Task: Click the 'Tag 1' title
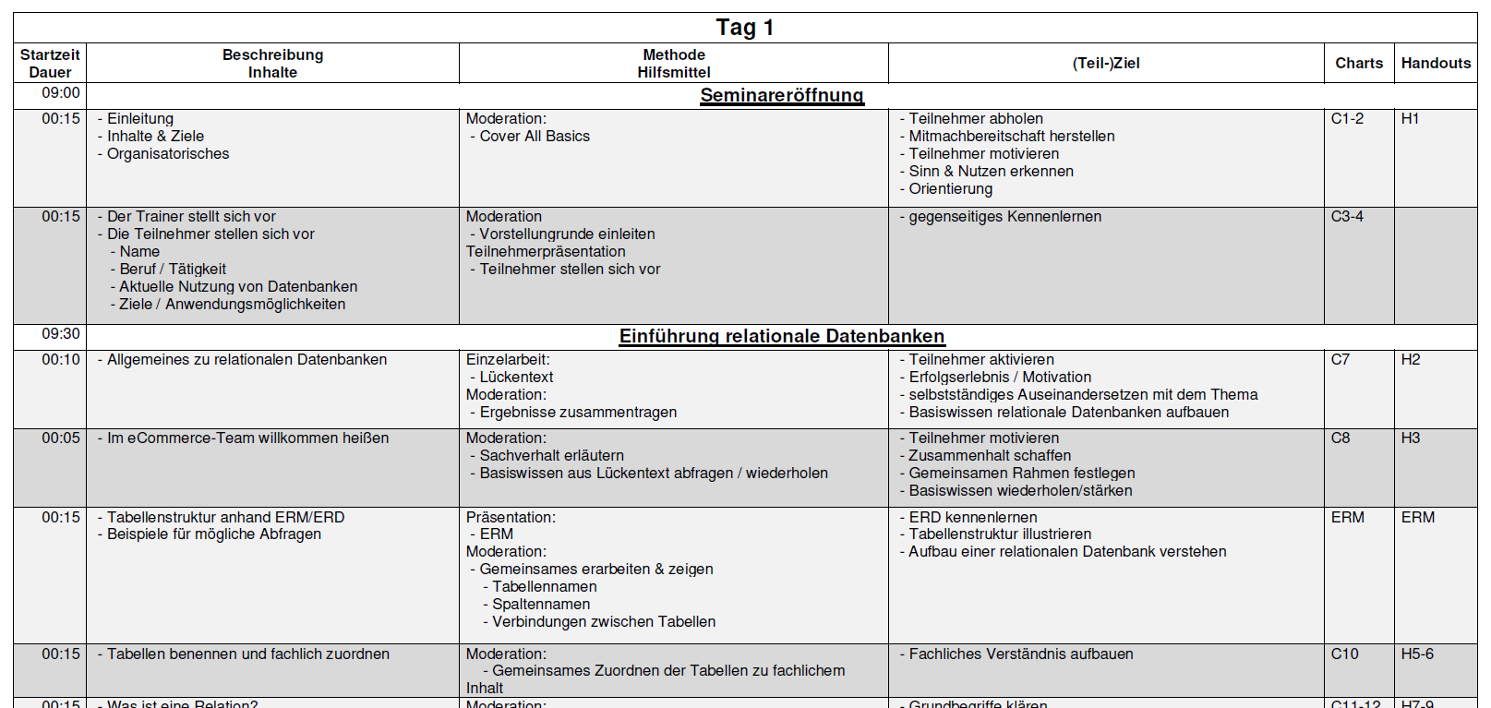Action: (x=744, y=28)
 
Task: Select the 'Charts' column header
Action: (x=1358, y=63)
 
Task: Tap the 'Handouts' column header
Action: (x=1436, y=63)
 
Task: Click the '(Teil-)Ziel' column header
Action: (x=1105, y=63)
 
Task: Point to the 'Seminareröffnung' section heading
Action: (x=781, y=95)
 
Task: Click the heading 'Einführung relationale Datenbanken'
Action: (x=781, y=336)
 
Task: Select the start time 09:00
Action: (x=61, y=93)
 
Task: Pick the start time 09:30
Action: (x=61, y=334)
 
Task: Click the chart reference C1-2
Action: (x=1346, y=119)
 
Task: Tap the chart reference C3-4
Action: (x=1346, y=217)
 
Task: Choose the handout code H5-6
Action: (x=1417, y=654)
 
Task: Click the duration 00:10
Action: (x=61, y=360)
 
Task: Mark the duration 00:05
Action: (x=61, y=438)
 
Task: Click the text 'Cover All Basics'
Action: (x=534, y=137)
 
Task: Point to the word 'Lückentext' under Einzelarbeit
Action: (x=516, y=378)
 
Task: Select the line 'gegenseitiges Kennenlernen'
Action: (x=1004, y=217)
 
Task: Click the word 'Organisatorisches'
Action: (x=168, y=154)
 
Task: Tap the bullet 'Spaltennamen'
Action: (x=540, y=605)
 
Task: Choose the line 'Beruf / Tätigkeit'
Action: (x=172, y=270)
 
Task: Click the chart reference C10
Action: (x=1344, y=654)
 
